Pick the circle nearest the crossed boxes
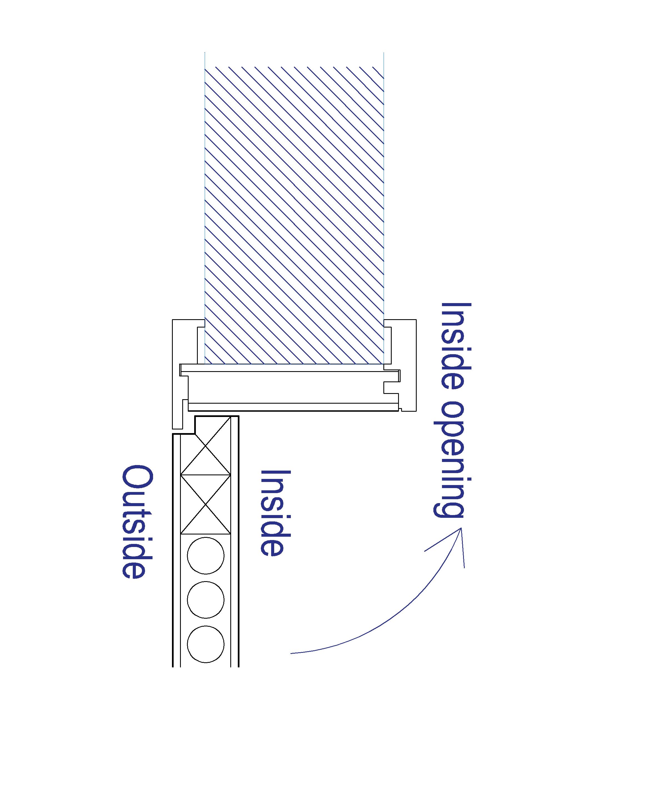click(206, 556)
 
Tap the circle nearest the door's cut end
click(206, 644)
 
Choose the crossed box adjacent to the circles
click(206, 505)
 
